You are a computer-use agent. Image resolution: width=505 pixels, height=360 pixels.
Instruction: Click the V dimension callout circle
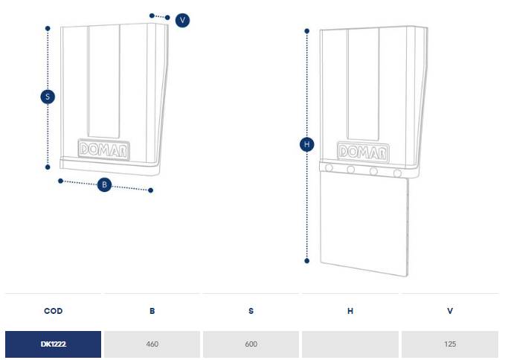pos(182,20)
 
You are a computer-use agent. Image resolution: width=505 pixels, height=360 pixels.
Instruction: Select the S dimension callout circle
pos(48,97)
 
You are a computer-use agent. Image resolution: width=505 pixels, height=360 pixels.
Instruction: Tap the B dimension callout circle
pos(104,184)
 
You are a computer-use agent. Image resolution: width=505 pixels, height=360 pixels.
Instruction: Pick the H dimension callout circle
pos(307,144)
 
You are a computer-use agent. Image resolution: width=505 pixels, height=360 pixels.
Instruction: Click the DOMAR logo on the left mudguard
pos(103,150)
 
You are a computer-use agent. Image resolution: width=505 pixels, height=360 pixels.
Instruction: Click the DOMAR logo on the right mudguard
pos(363,152)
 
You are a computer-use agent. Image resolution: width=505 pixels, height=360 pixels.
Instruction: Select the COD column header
pos(53,311)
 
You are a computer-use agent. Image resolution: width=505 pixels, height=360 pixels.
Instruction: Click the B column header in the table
pos(152,311)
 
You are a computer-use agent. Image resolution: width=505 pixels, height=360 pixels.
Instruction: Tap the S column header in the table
pos(251,311)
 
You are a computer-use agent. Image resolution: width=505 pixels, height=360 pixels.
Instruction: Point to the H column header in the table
pos(350,311)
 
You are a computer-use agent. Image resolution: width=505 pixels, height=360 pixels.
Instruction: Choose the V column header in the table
pos(450,311)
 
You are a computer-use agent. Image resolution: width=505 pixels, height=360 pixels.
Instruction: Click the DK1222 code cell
pos(53,344)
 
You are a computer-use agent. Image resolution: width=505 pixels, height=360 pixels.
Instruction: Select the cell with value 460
pos(152,344)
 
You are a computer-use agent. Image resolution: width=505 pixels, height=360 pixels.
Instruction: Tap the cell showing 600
pos(251,344)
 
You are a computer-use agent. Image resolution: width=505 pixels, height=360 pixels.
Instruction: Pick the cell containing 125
pos(450,344)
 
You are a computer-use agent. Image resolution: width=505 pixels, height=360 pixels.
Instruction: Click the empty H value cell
pos(350,344)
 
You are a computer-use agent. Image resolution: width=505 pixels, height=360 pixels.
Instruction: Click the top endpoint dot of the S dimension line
pos(48,29)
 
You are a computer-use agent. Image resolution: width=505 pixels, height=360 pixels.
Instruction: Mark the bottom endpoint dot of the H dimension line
pos(307,261)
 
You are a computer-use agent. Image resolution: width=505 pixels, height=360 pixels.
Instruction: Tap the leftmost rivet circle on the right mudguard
pos(329,168)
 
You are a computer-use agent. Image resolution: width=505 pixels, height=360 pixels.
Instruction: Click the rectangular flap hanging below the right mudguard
pos(364,224)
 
